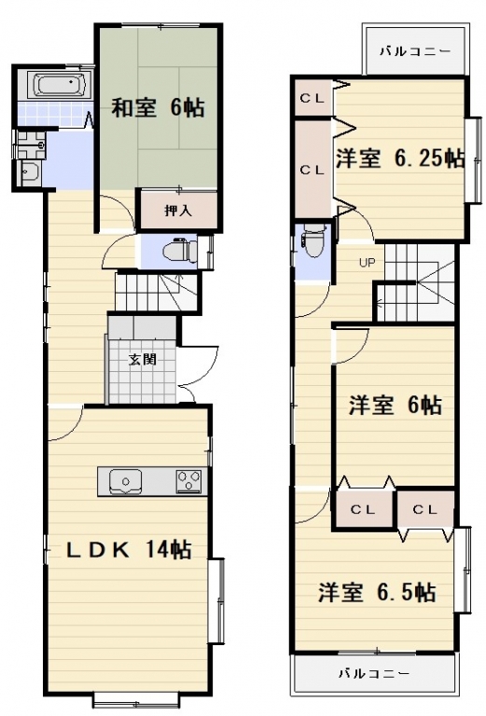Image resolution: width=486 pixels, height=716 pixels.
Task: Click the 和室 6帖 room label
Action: coord(158,108)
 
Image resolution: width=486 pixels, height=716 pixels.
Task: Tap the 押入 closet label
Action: coord(178,211)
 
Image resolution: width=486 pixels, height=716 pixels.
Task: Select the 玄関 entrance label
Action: coord(143,360)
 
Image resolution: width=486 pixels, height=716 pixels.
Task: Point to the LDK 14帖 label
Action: coord(129,549)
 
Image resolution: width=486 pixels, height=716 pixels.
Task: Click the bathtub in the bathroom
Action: coord(60,85)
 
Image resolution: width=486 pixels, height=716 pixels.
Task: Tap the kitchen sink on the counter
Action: coord(126,481)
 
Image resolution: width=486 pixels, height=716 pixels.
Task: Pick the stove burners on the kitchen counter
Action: coord(189,481)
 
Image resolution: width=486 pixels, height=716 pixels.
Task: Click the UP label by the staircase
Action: coord(367,263)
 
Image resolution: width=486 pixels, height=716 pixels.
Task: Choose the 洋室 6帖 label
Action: coord(396,405)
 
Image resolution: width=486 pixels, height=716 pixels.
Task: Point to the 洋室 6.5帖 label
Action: coord(377,592)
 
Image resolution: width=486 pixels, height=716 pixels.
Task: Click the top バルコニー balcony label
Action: coord(415,51)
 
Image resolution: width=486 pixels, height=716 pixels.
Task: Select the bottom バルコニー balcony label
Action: coord(375,673)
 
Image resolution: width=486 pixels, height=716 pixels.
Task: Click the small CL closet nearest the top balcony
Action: coord(313,98)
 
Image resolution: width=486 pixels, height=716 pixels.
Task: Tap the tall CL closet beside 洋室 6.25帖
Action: coord(312,170)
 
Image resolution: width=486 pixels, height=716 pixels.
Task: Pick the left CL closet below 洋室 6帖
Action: coord(364,509)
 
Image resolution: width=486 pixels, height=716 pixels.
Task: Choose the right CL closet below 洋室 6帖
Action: coord(425,509)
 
